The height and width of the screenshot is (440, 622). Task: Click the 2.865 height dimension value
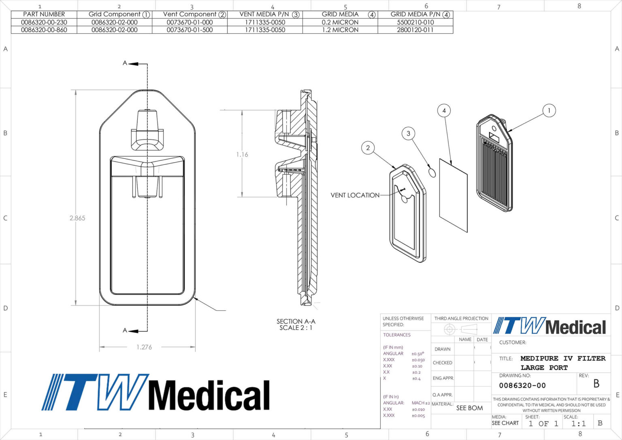(x=77, y=218)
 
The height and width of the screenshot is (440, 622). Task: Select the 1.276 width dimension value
(x=144, y=347)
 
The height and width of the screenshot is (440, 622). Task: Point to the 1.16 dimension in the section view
(x=242, y=154)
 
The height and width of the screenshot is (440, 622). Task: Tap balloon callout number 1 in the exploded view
(x=549, y=111)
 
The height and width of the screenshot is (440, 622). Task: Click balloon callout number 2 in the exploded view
(x=368, y=148)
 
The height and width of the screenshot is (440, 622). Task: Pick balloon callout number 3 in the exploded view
(x=408, y=133)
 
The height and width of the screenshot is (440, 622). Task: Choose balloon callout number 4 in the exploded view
(x=444, y=111)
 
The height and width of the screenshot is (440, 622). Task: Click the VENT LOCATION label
(x=355, y=195)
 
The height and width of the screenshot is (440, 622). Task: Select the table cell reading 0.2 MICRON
(x=340, y=22)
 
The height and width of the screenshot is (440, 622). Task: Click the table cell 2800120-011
(x=415, y=30)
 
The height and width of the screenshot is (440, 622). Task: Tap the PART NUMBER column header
(x=44, y=14)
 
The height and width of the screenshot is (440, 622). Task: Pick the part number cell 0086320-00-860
(x=44, y=30)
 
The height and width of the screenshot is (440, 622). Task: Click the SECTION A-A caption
(x=296, y=321)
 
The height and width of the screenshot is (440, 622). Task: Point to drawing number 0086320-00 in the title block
(x=522, y=386)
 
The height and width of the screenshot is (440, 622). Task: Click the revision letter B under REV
(x=596, y=384)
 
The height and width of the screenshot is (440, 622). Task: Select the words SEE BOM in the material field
(x=470, y=408)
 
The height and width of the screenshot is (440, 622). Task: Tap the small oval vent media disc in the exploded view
(x=432, y=173)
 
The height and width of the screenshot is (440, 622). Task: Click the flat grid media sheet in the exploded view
(x=453, y=195)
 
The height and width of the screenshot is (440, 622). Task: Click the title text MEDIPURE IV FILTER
(x=563, y=358)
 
